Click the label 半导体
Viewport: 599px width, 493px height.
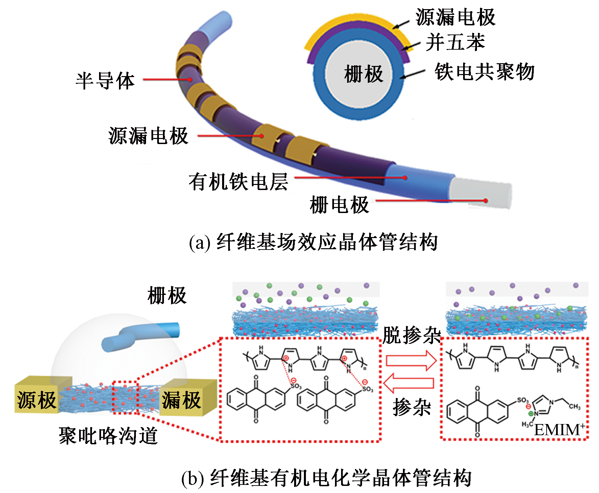[105, 81]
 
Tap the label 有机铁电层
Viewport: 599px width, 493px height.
[238, 182]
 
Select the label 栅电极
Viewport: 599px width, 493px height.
[339, 205]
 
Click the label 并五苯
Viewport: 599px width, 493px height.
[455, 43]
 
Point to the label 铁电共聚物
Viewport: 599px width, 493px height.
[484, 72]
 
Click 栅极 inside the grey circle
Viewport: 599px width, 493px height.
[363, 74]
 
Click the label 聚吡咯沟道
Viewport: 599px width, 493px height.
[108, 436]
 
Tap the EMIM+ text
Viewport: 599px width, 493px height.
[559, 430]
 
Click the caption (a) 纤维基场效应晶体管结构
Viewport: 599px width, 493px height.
[313, 242]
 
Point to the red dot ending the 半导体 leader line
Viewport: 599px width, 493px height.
[190, 80]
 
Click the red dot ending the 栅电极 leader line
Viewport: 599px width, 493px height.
[485, 201]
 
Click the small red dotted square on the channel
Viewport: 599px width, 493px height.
[125, 397]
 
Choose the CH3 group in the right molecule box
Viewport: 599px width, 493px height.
[574, 406]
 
